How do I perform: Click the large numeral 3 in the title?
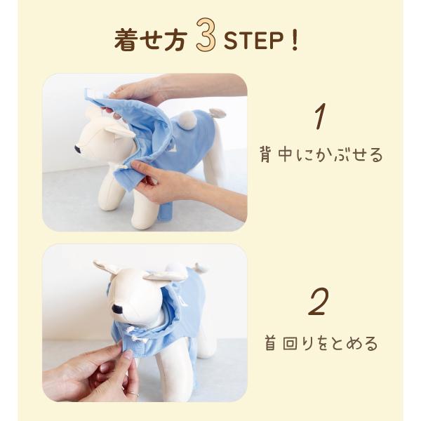point(206,34)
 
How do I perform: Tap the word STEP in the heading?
point(253,40)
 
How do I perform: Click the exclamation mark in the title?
point(295,40)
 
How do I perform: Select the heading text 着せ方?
point(150,40)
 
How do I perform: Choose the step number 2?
point(319,302)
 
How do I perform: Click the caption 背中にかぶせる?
point(321,155)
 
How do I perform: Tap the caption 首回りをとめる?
point(321,343)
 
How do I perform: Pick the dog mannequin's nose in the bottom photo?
point(117,309)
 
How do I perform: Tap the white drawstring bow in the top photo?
point(118,167)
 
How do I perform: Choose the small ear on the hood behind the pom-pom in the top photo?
point(217,113)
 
